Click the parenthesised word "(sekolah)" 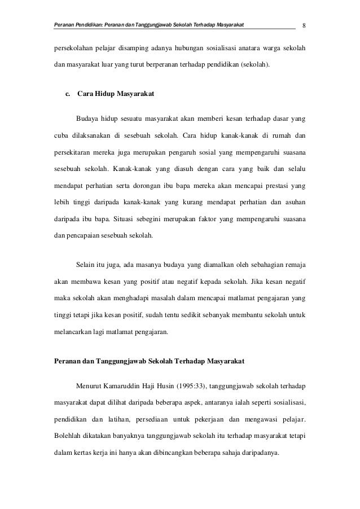coord(256,72)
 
